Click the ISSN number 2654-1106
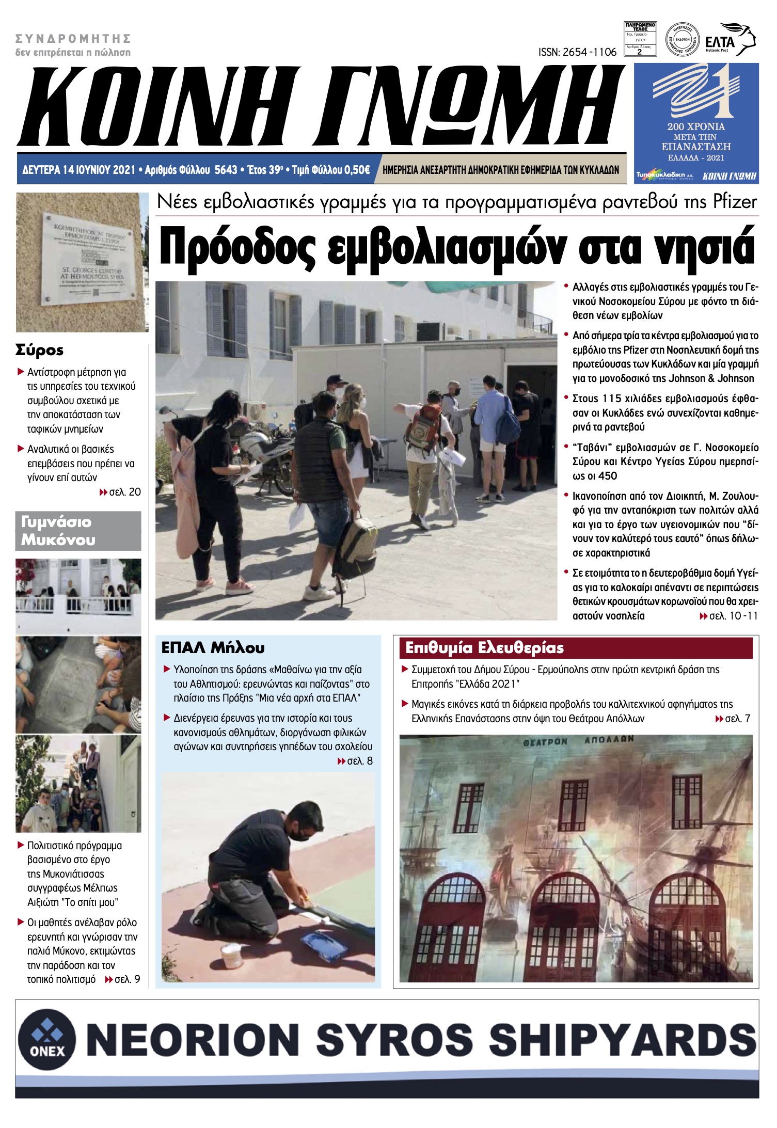[x=577, y=52]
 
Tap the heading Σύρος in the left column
[x=39, y=350]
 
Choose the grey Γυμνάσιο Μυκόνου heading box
[x=78, y=531]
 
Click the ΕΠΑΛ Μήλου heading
[x=213, y=647]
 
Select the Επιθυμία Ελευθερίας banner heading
[x=484, y=647]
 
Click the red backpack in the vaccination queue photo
[x=422, y=428]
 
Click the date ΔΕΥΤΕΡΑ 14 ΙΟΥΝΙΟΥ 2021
[x=78, y=170]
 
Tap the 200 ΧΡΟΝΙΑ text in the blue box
[x=695, y=126]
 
